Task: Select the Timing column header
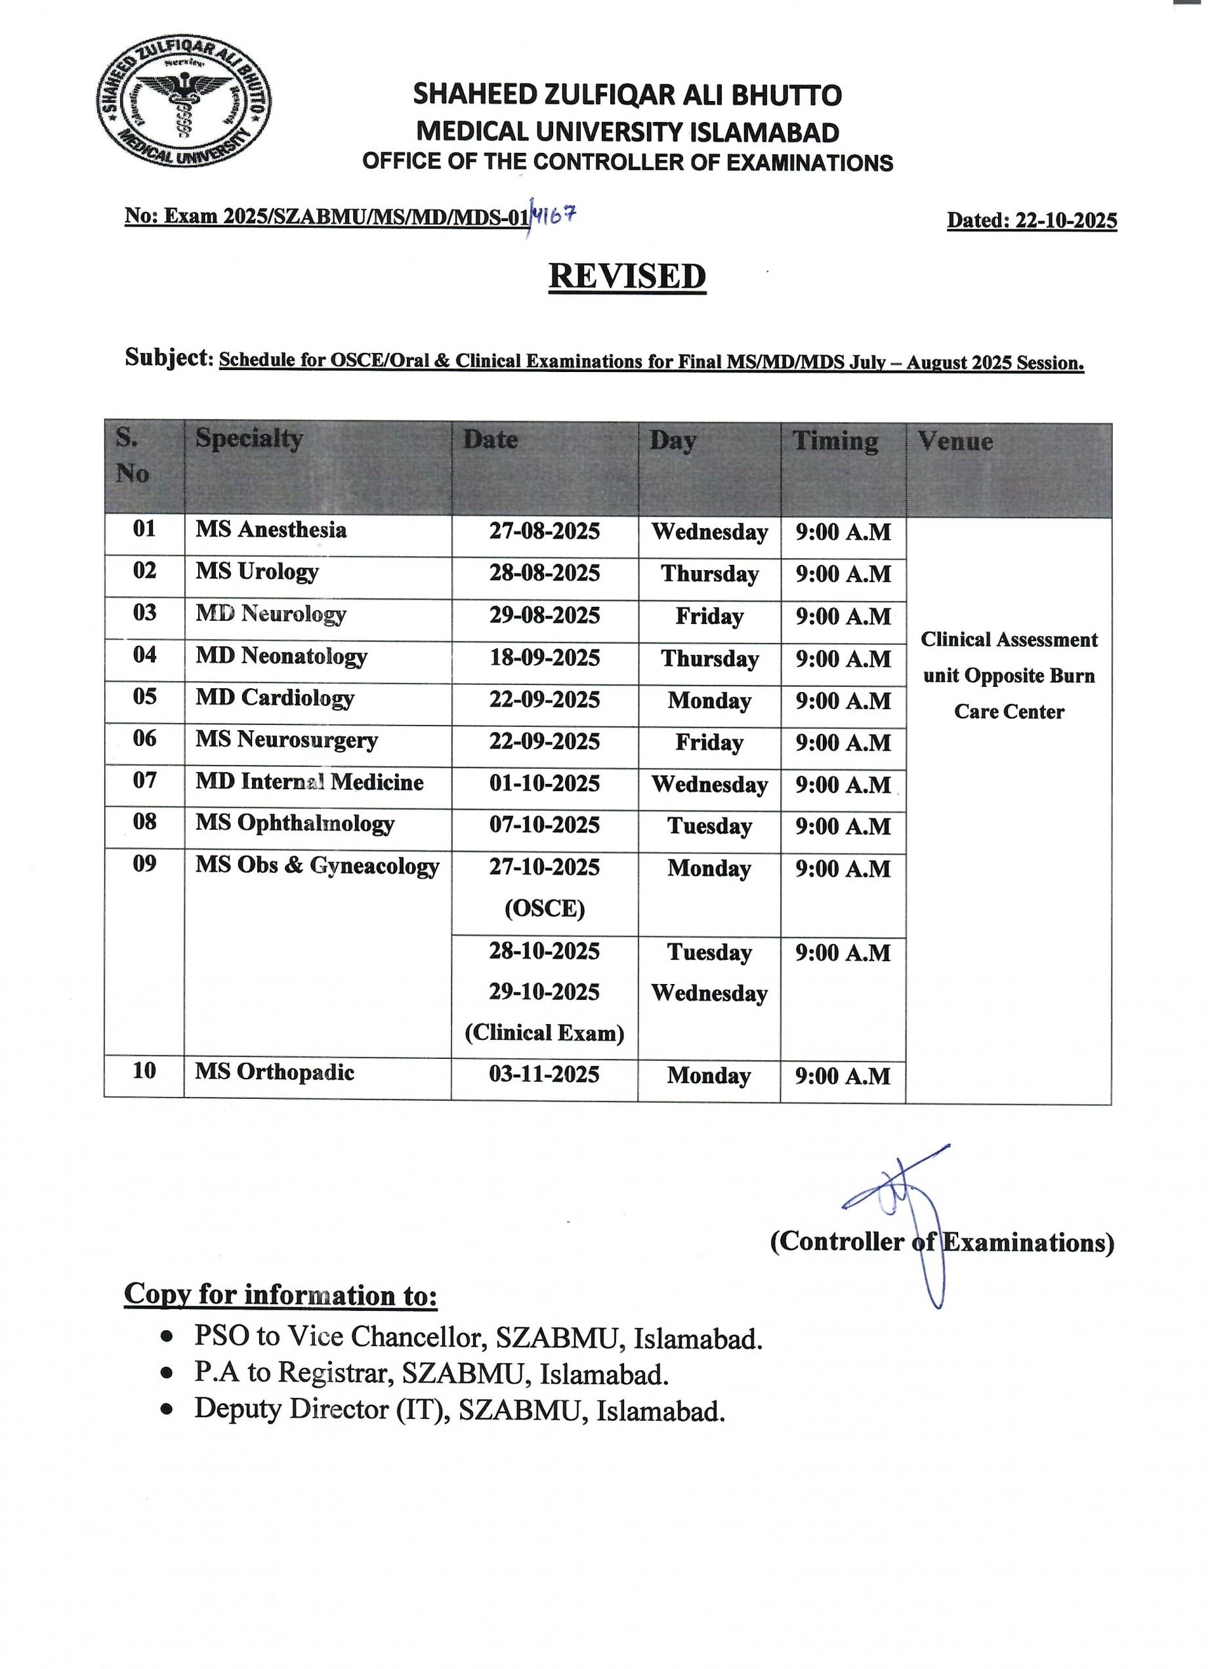(x=835, y=442)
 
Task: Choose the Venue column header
(x=955, y=442)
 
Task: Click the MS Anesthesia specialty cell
(x=271, y=530)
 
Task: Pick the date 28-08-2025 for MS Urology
(x=545, y=573)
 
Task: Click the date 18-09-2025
(x=545, y=657)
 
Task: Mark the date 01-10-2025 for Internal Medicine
(x=545, y=784)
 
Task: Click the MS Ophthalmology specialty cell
(x=295, y=823)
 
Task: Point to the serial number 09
(x=144, y=863)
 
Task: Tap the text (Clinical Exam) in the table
(x=545, y=1033)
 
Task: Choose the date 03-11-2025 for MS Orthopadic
(x=545, y=1075)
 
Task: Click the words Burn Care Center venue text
(x=1009, y=694)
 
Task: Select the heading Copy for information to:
(x=280, y=1294)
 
